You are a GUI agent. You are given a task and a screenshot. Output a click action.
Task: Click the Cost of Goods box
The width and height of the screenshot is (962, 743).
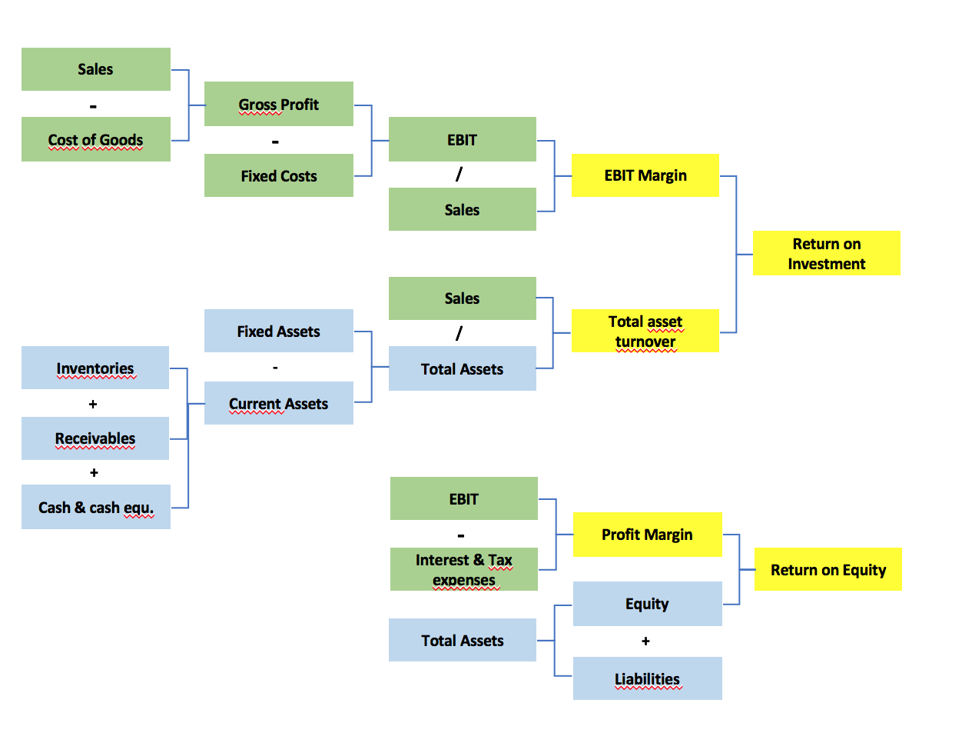pyautogui.click(x=96, y=139)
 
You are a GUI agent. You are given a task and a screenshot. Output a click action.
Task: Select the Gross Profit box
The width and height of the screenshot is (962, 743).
pyautogui.click(x=278, y=104)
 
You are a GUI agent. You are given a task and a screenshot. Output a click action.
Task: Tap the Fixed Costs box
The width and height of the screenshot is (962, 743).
pyautogui.click(x=278, y=175)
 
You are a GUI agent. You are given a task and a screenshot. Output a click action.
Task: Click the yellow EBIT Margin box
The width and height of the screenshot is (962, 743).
pyautogui.click(x=645, y=175)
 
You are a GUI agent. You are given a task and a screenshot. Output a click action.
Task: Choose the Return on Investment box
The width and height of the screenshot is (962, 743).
pyautogui.click(x=826, y=253)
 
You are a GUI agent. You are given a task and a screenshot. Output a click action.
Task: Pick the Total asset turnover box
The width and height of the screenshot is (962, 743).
pyautogui.click(x=645, y=331)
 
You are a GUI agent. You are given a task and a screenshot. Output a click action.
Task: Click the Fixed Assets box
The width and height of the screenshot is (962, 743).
pyautogui.click(x=278, y=331)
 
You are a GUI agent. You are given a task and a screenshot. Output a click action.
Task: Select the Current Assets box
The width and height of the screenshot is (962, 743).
pyautogui.click(x=278, y=403)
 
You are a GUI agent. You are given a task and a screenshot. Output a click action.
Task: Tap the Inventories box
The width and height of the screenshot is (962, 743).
pyautogui.click(x=95, y=368)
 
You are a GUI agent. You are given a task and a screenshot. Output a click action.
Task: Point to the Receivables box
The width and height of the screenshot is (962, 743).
pyautogui.click(x=95, y=438)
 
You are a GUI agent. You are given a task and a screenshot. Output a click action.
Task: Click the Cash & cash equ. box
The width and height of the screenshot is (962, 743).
pyautogui.click(x=96, y=507)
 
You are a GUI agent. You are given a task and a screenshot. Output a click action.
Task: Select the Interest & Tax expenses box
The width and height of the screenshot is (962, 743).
pyautogui.click(x=463, y=569)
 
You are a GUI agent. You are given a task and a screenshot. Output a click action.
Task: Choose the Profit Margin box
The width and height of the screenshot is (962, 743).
pyautogui.click(x=647, y=534)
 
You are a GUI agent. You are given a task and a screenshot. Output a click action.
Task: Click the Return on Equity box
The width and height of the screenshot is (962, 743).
pyautogui.click(x=828, y=569)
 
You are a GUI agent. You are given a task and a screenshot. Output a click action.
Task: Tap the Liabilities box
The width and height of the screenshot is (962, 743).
pyautogui.click(x=647, y=678)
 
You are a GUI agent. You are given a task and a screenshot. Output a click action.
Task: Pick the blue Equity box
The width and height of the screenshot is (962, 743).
pyautogui.click(x=647, y=604)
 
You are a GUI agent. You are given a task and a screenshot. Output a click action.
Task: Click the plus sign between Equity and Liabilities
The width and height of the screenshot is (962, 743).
pyautogui.click(x=645, y=641)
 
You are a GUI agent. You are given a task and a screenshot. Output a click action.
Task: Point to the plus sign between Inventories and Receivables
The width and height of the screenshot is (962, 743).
pyautogui.click(x=93, y=404)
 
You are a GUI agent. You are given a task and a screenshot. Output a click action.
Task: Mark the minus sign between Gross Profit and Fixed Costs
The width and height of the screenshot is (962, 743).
pyautogui.click(x=275, y=142)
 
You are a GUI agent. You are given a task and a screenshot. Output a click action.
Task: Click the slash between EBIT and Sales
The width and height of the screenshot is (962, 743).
pyautogui.click(x=459, y=175)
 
